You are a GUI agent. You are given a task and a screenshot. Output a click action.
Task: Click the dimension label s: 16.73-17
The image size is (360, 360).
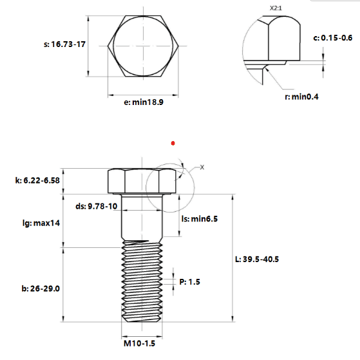64,44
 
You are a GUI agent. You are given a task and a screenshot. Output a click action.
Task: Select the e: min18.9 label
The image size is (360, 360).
144,102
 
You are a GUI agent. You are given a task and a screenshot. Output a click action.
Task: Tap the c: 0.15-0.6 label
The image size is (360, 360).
333,37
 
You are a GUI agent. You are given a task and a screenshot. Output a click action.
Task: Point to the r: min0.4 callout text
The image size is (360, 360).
301,97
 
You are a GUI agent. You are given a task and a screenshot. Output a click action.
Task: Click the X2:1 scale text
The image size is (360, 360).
276,8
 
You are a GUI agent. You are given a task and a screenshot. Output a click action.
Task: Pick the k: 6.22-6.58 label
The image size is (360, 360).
37,180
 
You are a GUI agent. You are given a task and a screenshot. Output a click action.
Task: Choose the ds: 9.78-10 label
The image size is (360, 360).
97,206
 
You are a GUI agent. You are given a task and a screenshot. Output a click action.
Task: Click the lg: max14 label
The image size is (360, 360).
41,223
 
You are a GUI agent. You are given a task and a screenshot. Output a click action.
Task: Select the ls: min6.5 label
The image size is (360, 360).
199,219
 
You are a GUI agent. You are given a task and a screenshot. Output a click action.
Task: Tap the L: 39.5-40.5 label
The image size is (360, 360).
257,259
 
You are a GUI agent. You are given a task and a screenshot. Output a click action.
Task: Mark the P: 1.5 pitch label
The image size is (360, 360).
189,281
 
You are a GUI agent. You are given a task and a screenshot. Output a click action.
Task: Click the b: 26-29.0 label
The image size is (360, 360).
41,289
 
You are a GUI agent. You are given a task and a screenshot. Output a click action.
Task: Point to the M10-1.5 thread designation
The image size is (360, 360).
139,343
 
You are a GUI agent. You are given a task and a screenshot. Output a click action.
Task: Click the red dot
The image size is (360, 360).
173,143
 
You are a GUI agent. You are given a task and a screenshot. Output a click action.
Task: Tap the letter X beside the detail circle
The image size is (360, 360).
202,167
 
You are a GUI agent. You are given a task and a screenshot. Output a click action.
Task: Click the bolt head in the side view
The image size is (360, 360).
142,181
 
